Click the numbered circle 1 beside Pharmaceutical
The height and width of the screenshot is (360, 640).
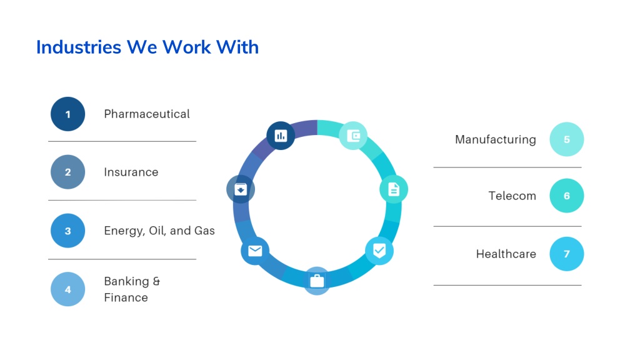pos(67,114)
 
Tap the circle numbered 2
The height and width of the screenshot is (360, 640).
pos(67,172)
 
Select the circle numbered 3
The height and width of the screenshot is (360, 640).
pos(67,231)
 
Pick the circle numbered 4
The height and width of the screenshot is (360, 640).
pos(67,289)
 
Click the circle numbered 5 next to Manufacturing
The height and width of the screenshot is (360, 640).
pos(566,139)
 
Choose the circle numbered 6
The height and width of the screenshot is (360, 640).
pos(566,196)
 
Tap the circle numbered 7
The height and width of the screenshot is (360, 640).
pos(566,254)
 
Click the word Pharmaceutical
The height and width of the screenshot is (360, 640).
pos(147,114)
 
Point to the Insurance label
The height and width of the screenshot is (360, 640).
pos(131,172)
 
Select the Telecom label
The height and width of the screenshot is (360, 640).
pos(512,196)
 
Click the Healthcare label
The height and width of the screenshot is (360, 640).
pos(506,254)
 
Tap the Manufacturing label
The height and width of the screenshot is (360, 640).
pos(496,139)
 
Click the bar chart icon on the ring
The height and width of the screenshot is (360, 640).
pos(281,136)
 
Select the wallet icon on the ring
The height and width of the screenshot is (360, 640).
pos(353,136)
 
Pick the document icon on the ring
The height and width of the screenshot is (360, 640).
pos(394,189)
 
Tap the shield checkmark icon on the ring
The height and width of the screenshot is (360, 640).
pos(379,250)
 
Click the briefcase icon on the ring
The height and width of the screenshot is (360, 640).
pos(317,281)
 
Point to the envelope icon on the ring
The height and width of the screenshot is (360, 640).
pos(255,250)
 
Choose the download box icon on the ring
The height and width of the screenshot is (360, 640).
pos(241,189)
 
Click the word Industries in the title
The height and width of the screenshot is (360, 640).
pos(79,47)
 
